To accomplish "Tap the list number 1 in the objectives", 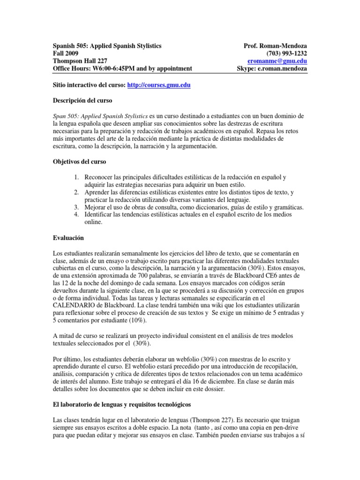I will pos(77,177).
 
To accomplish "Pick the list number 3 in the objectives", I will pos(77,207).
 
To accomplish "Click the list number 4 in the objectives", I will pos(77,215).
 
